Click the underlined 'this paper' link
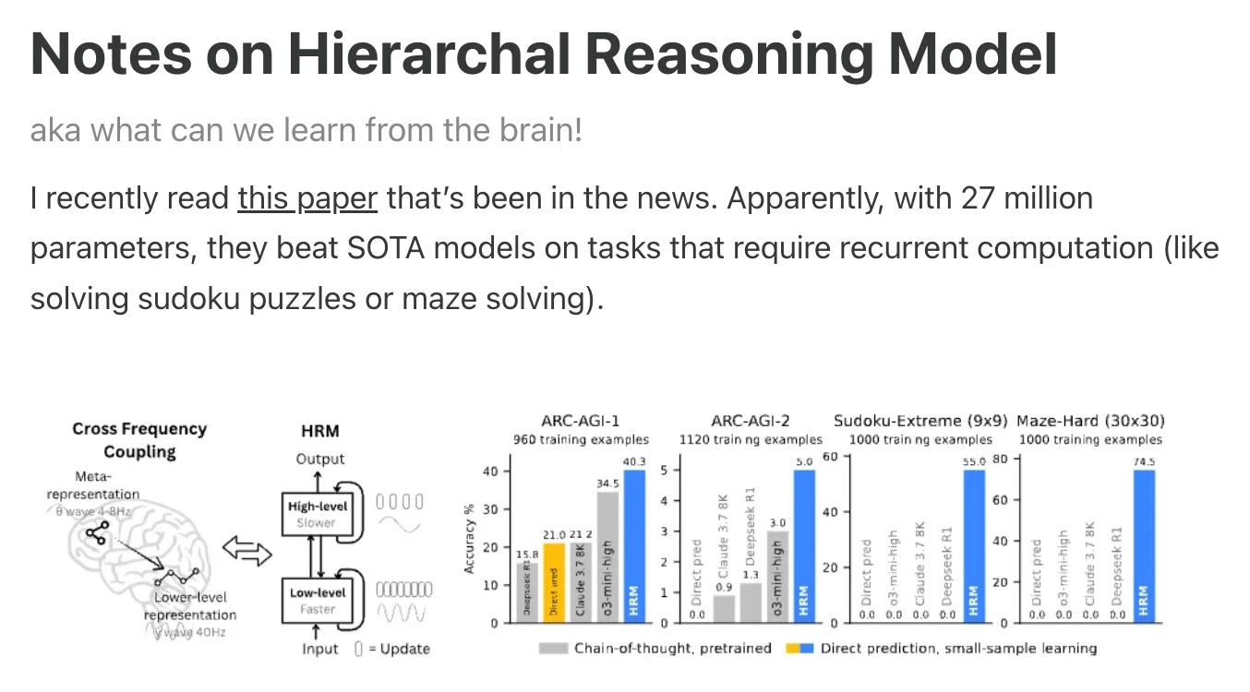tap(307, 198)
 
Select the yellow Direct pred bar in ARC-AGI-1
tap(554, 582)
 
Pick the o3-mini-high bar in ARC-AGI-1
tap(607, 556)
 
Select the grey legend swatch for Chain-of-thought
tap(552, 649)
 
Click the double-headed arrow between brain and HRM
tap(249, 554)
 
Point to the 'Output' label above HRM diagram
tap(319, 459)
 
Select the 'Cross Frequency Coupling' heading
tap(139, 440)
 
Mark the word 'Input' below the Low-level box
tap(319, 649)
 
